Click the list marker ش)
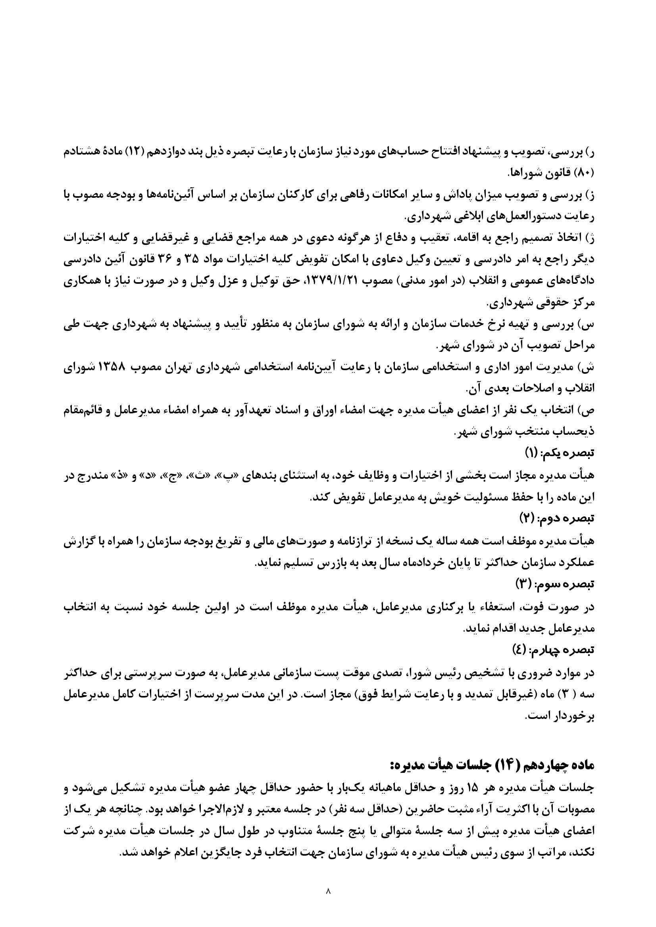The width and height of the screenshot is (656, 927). click(587, 368)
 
